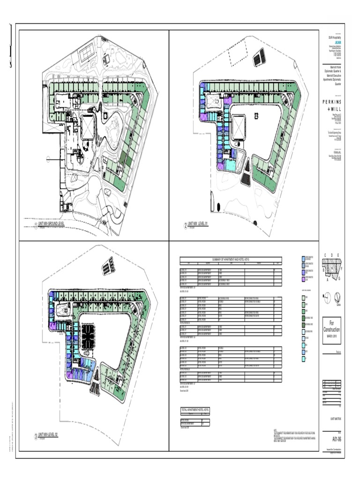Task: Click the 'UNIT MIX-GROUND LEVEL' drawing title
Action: [52, 225]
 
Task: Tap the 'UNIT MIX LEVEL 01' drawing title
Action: [197, 224]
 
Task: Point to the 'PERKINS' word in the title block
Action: [332, 102]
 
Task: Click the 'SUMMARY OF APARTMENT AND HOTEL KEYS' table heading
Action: [231, 259]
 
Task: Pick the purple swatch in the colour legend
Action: [303, 280]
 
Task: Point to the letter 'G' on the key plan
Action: [339, 278]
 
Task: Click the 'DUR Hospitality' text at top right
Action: [334, 37]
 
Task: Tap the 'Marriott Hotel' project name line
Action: [335, 68]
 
